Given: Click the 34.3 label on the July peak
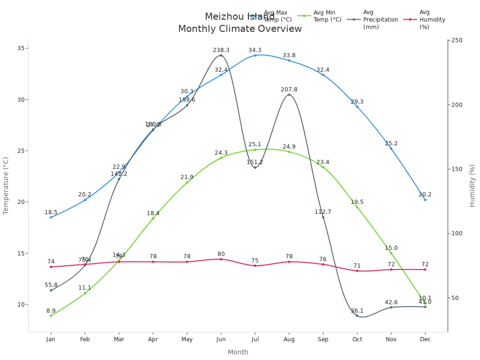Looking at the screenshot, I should click(x=255, y=50).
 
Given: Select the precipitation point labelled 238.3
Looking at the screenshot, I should click(x=221, y=55).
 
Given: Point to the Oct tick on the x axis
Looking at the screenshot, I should click(x=357, y=339).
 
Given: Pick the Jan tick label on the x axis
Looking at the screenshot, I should click(x=51, y=339).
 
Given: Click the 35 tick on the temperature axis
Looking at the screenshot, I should click(x=21, y=48).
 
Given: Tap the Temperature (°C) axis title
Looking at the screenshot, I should click(x=6, y=186).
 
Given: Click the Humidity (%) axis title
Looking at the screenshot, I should click(x=472, y=186).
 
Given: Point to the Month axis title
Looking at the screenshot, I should click(x=238, y=352).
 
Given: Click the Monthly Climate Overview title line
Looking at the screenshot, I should click(x=240, y=29).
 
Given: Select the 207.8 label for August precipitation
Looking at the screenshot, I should click(x=289, y=90).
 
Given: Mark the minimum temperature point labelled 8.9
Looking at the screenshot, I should click(x=51, y=315).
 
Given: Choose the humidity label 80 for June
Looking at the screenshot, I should click(x=221, y=254).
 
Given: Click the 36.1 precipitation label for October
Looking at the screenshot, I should click(x=357, y=311).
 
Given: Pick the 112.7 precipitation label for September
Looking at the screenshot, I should click(x=323, y=212).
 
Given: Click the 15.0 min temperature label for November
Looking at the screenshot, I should click(x=391, y=248).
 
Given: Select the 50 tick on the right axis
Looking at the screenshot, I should click(x=455, y=298).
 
